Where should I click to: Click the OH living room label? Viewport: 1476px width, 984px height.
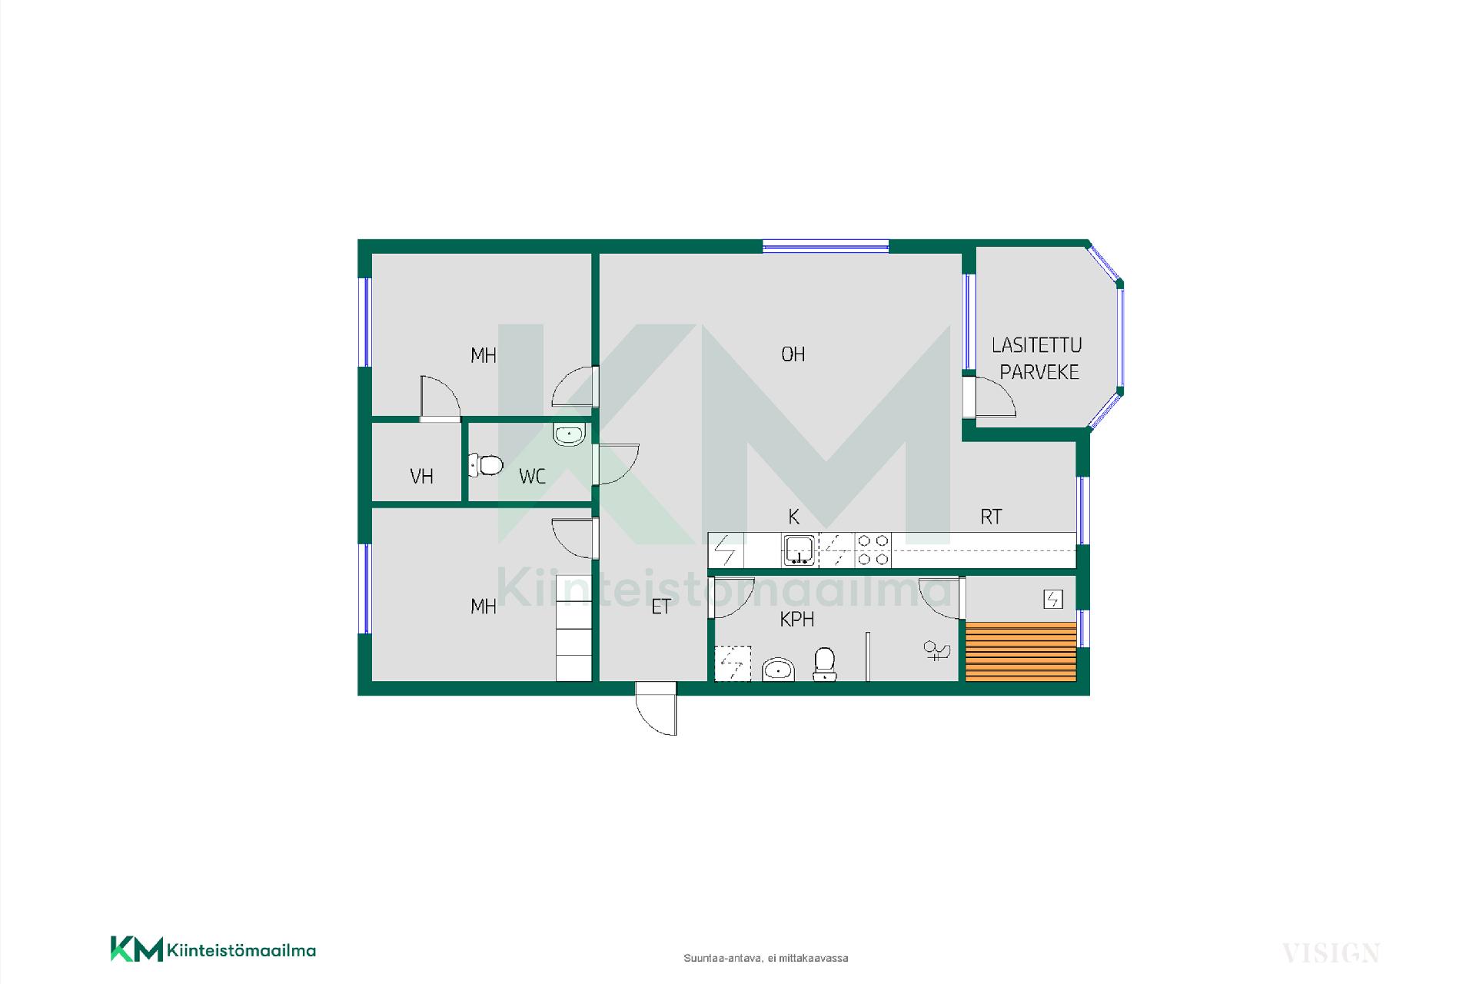[793, 354]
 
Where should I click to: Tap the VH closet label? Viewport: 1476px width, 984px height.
[421, 477]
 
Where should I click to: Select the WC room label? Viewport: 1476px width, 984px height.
[532, 477]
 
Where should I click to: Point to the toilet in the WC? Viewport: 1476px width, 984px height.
[486, 465]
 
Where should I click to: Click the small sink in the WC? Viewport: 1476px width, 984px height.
[569, 434]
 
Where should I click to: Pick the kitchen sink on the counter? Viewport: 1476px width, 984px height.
[799, 550]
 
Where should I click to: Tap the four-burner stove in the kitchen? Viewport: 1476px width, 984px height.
[873, 550]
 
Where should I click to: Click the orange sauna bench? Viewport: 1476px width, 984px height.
[1021, 652]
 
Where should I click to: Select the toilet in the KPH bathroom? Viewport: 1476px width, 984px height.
[824, 663]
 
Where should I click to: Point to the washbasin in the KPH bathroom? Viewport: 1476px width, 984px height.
[778, 670]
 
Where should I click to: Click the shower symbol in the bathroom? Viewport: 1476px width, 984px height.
[937, 651]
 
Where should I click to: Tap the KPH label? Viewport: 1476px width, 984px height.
[796, 620]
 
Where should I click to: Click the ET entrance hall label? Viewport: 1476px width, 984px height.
[660, 607]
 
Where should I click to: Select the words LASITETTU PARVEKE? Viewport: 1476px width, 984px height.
[1036, 358]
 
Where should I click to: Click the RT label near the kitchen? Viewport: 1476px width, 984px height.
[991, 517]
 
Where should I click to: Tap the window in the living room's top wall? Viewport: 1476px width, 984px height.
[826, 246]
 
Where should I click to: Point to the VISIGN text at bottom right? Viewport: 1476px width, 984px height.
[1330, 953]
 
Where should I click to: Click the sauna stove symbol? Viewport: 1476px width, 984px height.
[1052, 599]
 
